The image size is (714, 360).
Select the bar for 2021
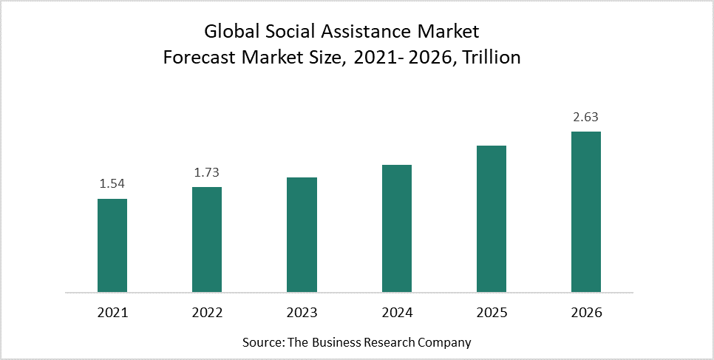pos(112,245)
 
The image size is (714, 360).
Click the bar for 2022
pos(207,239)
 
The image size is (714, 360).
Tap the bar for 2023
pos(302,234)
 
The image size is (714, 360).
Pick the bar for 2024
pos(396,228)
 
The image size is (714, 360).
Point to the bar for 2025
pos(491,218)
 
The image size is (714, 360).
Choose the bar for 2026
pos(585,211)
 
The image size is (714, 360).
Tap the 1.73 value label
pos(207,173)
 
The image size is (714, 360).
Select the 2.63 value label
pos(585,118)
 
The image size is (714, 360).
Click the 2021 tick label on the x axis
pos(112,313)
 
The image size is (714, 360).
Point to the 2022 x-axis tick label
pos(207,313)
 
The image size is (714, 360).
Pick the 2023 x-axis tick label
pos(302,313)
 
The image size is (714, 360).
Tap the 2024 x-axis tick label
pos(396,313)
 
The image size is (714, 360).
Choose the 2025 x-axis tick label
pos(491,313)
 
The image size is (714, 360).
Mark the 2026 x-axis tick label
pos(585,313)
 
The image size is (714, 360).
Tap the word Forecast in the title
pos(197,58)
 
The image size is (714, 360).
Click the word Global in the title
pos(229,32)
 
